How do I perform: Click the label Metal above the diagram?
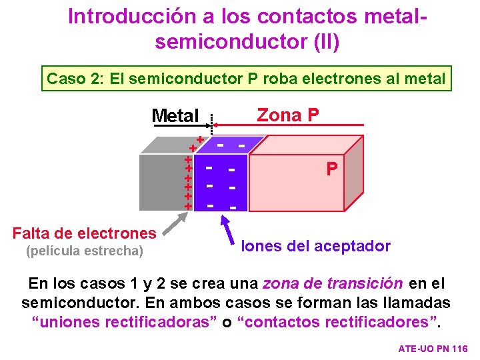click(175, 116)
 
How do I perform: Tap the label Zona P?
click(287, 115)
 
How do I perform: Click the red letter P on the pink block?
click(331, 169)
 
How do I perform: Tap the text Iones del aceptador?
click(315, 246)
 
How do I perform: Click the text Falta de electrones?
click(84, 233)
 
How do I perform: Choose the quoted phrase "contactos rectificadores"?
click(342, 321)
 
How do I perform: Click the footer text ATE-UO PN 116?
click(433, 349)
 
